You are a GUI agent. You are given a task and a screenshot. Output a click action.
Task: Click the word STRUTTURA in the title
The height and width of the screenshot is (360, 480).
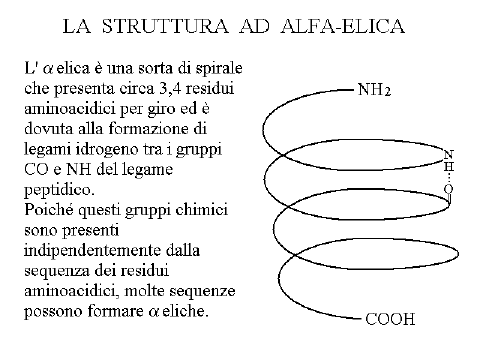165,26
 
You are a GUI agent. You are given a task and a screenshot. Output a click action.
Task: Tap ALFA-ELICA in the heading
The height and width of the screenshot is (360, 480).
343,26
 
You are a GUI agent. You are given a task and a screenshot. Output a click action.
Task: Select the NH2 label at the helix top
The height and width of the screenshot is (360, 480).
374,90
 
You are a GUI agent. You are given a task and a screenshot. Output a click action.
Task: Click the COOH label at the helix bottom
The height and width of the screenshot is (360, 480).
390,319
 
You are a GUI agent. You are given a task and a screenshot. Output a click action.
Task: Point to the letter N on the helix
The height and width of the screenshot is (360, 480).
449,154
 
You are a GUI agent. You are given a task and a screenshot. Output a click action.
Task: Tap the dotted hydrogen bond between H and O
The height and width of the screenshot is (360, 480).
449,178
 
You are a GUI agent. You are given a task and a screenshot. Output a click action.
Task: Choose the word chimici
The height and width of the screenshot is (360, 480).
202,209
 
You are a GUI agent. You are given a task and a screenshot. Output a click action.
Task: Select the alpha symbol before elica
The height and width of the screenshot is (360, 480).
48,69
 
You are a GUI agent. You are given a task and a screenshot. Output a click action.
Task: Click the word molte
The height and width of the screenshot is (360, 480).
144,291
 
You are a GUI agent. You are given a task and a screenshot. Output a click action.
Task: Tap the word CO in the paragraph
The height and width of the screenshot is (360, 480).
36,169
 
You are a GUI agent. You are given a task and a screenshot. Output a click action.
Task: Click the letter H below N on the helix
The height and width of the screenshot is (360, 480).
449,166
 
